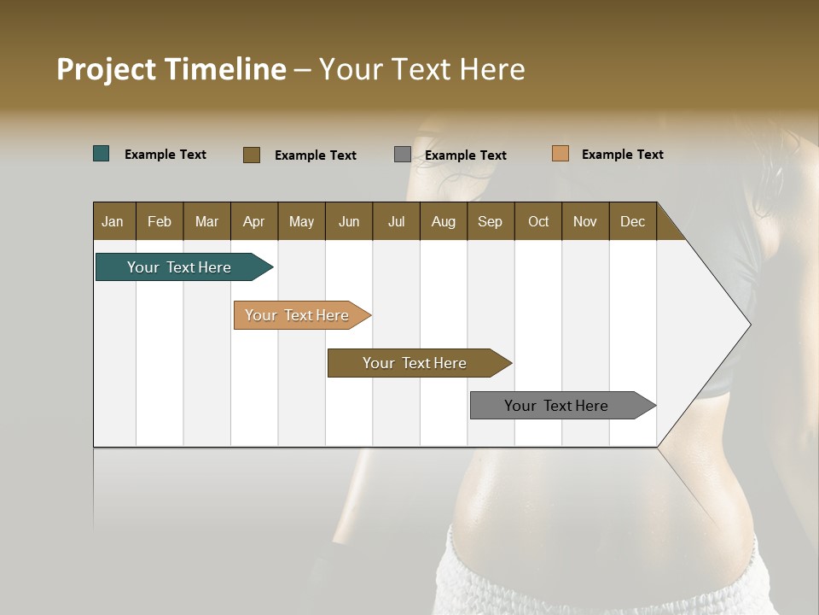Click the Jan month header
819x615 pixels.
(113, 221)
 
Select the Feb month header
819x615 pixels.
(160, 221)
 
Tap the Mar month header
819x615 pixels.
(206, 221)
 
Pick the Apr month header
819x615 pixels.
(254, 221)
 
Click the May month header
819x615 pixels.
(301, 221)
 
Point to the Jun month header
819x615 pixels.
(349, 221)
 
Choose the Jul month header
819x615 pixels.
(396, 221)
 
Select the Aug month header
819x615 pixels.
(444, 221)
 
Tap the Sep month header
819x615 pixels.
(491, 221)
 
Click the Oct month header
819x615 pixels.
(538, 221)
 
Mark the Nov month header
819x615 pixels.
(585, 221)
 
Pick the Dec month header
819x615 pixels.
(633, 221)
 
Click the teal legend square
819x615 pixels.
(102, 154)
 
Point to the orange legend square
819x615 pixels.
(561, 154)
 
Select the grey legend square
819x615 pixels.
(403, 155)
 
